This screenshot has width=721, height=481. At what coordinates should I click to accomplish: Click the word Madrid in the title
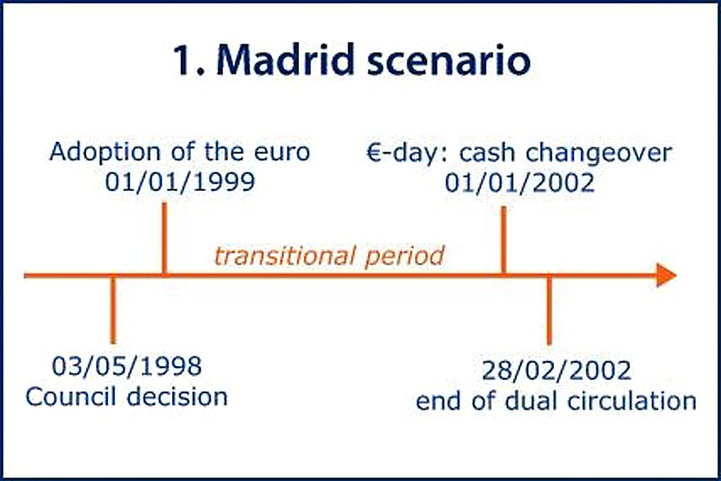(x=285, y=59)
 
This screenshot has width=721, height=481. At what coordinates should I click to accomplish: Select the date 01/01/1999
(x=179, y=182)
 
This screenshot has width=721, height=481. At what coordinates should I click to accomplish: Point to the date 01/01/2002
(x=519, y=183)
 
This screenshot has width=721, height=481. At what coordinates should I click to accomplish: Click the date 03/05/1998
(x=127, y=366)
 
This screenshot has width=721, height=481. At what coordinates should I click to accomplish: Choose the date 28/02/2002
(x=556, y=370)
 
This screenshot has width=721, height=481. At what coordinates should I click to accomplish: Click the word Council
(x=73, y=397)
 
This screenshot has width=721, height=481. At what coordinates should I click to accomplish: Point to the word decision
(x=178, y=397)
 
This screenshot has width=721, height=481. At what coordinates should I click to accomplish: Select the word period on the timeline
(x=405, y=256)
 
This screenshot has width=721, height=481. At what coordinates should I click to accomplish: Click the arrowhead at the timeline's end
(x=666, y=275)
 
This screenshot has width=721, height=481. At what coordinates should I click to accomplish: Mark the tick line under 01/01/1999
(x=164, y=238)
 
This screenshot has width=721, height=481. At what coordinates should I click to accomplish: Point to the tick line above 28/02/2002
(x=549, y=310)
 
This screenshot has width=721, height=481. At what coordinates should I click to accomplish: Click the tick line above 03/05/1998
(x=113, y=310)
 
